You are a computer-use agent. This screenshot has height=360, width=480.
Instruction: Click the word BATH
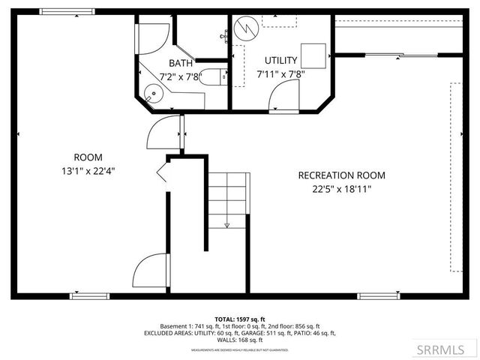[x=181, y=63]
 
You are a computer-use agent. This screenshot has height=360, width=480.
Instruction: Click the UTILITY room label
[x=281, y=60]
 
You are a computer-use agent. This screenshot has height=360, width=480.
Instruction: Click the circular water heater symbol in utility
[x=244, y=28]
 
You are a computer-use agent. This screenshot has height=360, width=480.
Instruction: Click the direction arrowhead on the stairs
[x=226, y=224]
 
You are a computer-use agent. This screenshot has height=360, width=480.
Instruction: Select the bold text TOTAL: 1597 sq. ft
[x=240, y=319]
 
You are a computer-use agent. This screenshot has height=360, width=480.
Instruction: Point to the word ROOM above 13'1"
[x=88, y=157]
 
